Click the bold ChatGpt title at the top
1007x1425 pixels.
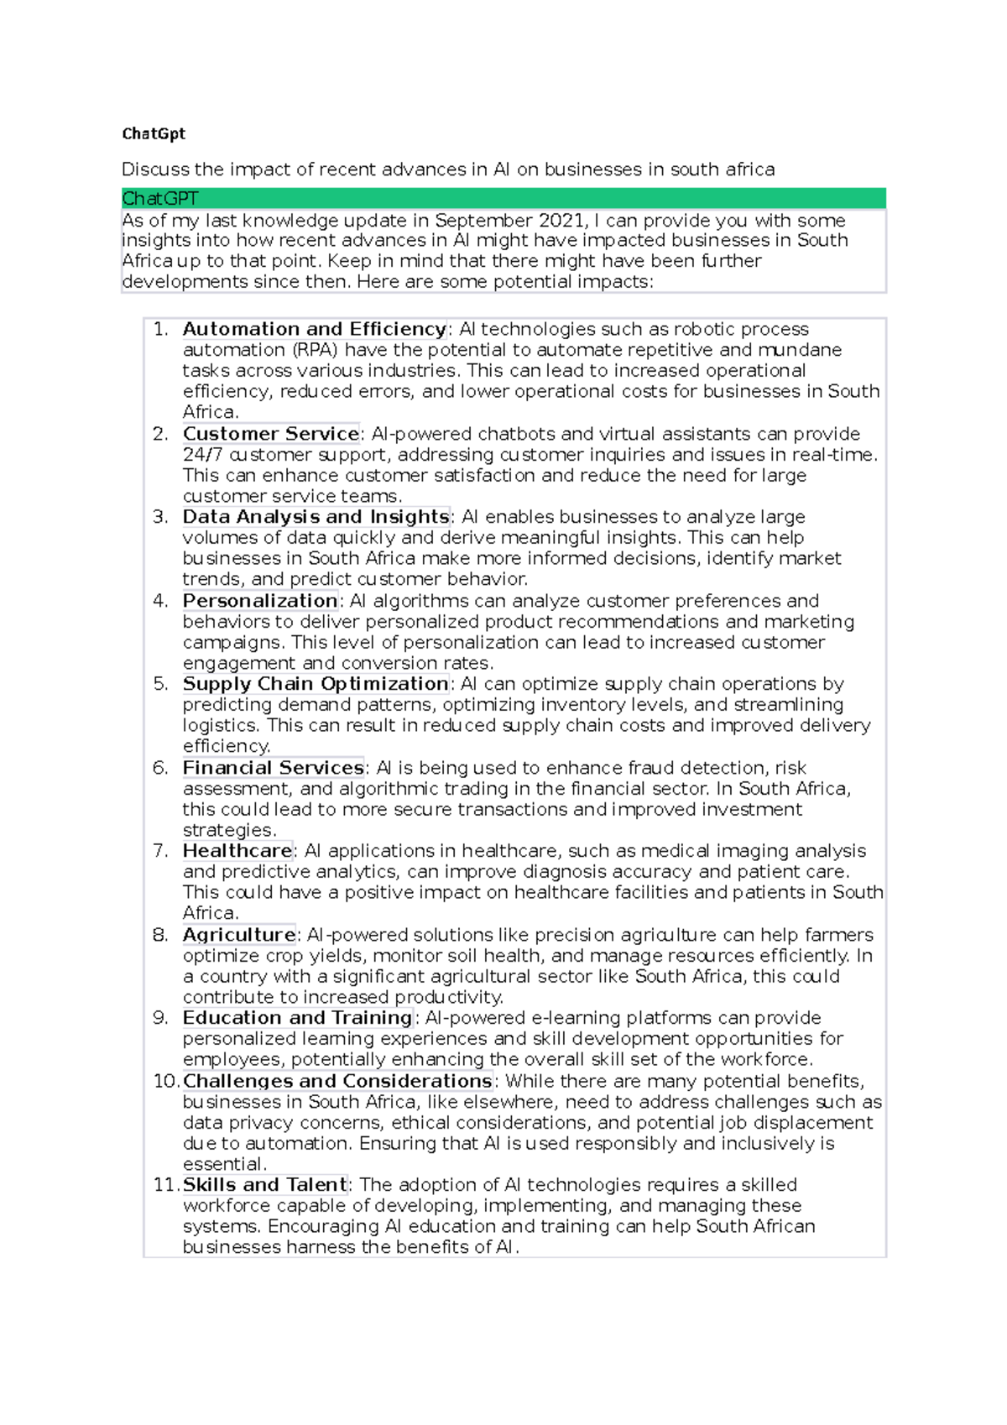click(x=154, y=133)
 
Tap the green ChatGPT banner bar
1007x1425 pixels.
click(x=503, y=199)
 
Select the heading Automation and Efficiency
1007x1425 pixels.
click(x=314, y=329)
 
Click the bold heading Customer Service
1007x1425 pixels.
click(x=271, y=434)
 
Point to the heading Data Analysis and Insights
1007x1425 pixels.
click(x=316, y=517)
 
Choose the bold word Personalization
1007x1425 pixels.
click(x=260, y=601)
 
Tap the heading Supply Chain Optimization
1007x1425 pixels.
click(x=316, y=684)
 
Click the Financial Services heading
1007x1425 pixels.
click(x=274, y=768)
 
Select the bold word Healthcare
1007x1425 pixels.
click(x=237, y=851)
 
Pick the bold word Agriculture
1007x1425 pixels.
click(x=239, y=935)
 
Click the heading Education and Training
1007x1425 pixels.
click(x=297, y=1018)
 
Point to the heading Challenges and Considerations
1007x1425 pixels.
click(x=337, y=1081)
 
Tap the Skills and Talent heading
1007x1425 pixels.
click(x=265, y=1185)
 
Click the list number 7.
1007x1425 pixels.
click(x=160, y=851)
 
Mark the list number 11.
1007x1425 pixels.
click(x=164, y=1185)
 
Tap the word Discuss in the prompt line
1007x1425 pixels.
click(x=155, y=170)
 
